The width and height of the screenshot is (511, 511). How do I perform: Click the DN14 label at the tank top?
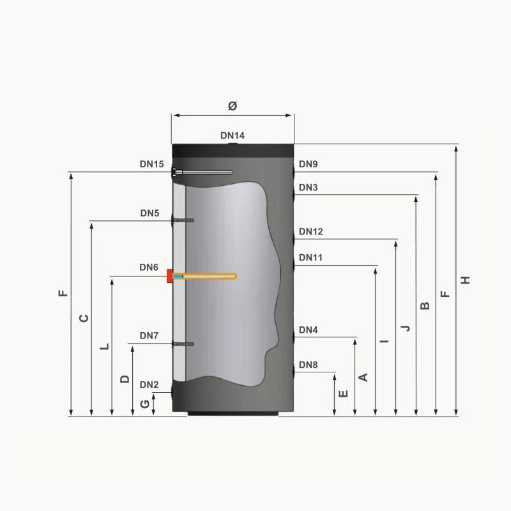coord(232,135)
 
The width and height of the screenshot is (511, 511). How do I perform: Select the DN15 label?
coord(152,164)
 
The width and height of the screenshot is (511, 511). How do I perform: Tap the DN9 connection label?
coord(308,164)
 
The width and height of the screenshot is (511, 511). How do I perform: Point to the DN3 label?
coord(308,188)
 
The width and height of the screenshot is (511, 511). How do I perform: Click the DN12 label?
coord(310,232)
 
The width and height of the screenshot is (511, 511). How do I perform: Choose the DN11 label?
coord(310,257)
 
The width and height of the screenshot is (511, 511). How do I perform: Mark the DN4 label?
coord(308,330)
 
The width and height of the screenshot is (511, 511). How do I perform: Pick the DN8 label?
coord(308,365)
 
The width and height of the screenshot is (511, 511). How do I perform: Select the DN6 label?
coord(149,268)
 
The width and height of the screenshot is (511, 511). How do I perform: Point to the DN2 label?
coord(149,385)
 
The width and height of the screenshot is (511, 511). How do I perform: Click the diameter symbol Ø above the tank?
coord(232,106)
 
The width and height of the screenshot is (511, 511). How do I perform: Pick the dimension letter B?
coord(425,305)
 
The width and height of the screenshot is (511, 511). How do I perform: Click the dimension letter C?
coord(83,317)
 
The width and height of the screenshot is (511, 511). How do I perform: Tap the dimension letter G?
coord(145,404)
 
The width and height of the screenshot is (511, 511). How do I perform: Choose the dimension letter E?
coord(344,393)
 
